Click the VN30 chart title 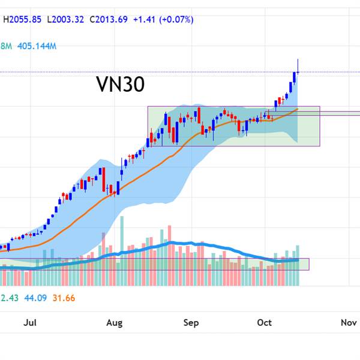pyautogui.click(x=120, y=85)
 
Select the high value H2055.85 pyautogui.click(x=22, y=19)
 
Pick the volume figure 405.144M pyautogui.click(x=37, y=46)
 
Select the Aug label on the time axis pyautogui.click(x=114, y=323)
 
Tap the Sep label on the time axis pyautogui.click(x=191, y=323)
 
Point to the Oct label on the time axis pyautogui.click(x=264, y=323)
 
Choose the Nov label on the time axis pyautogui.click(x=349, y=323)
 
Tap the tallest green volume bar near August pyautogui.click(x=122, y=246)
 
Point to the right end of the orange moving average pyautogui.click(x=298, y=109)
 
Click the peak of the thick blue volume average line pyautogui.click(x=174, y=243)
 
